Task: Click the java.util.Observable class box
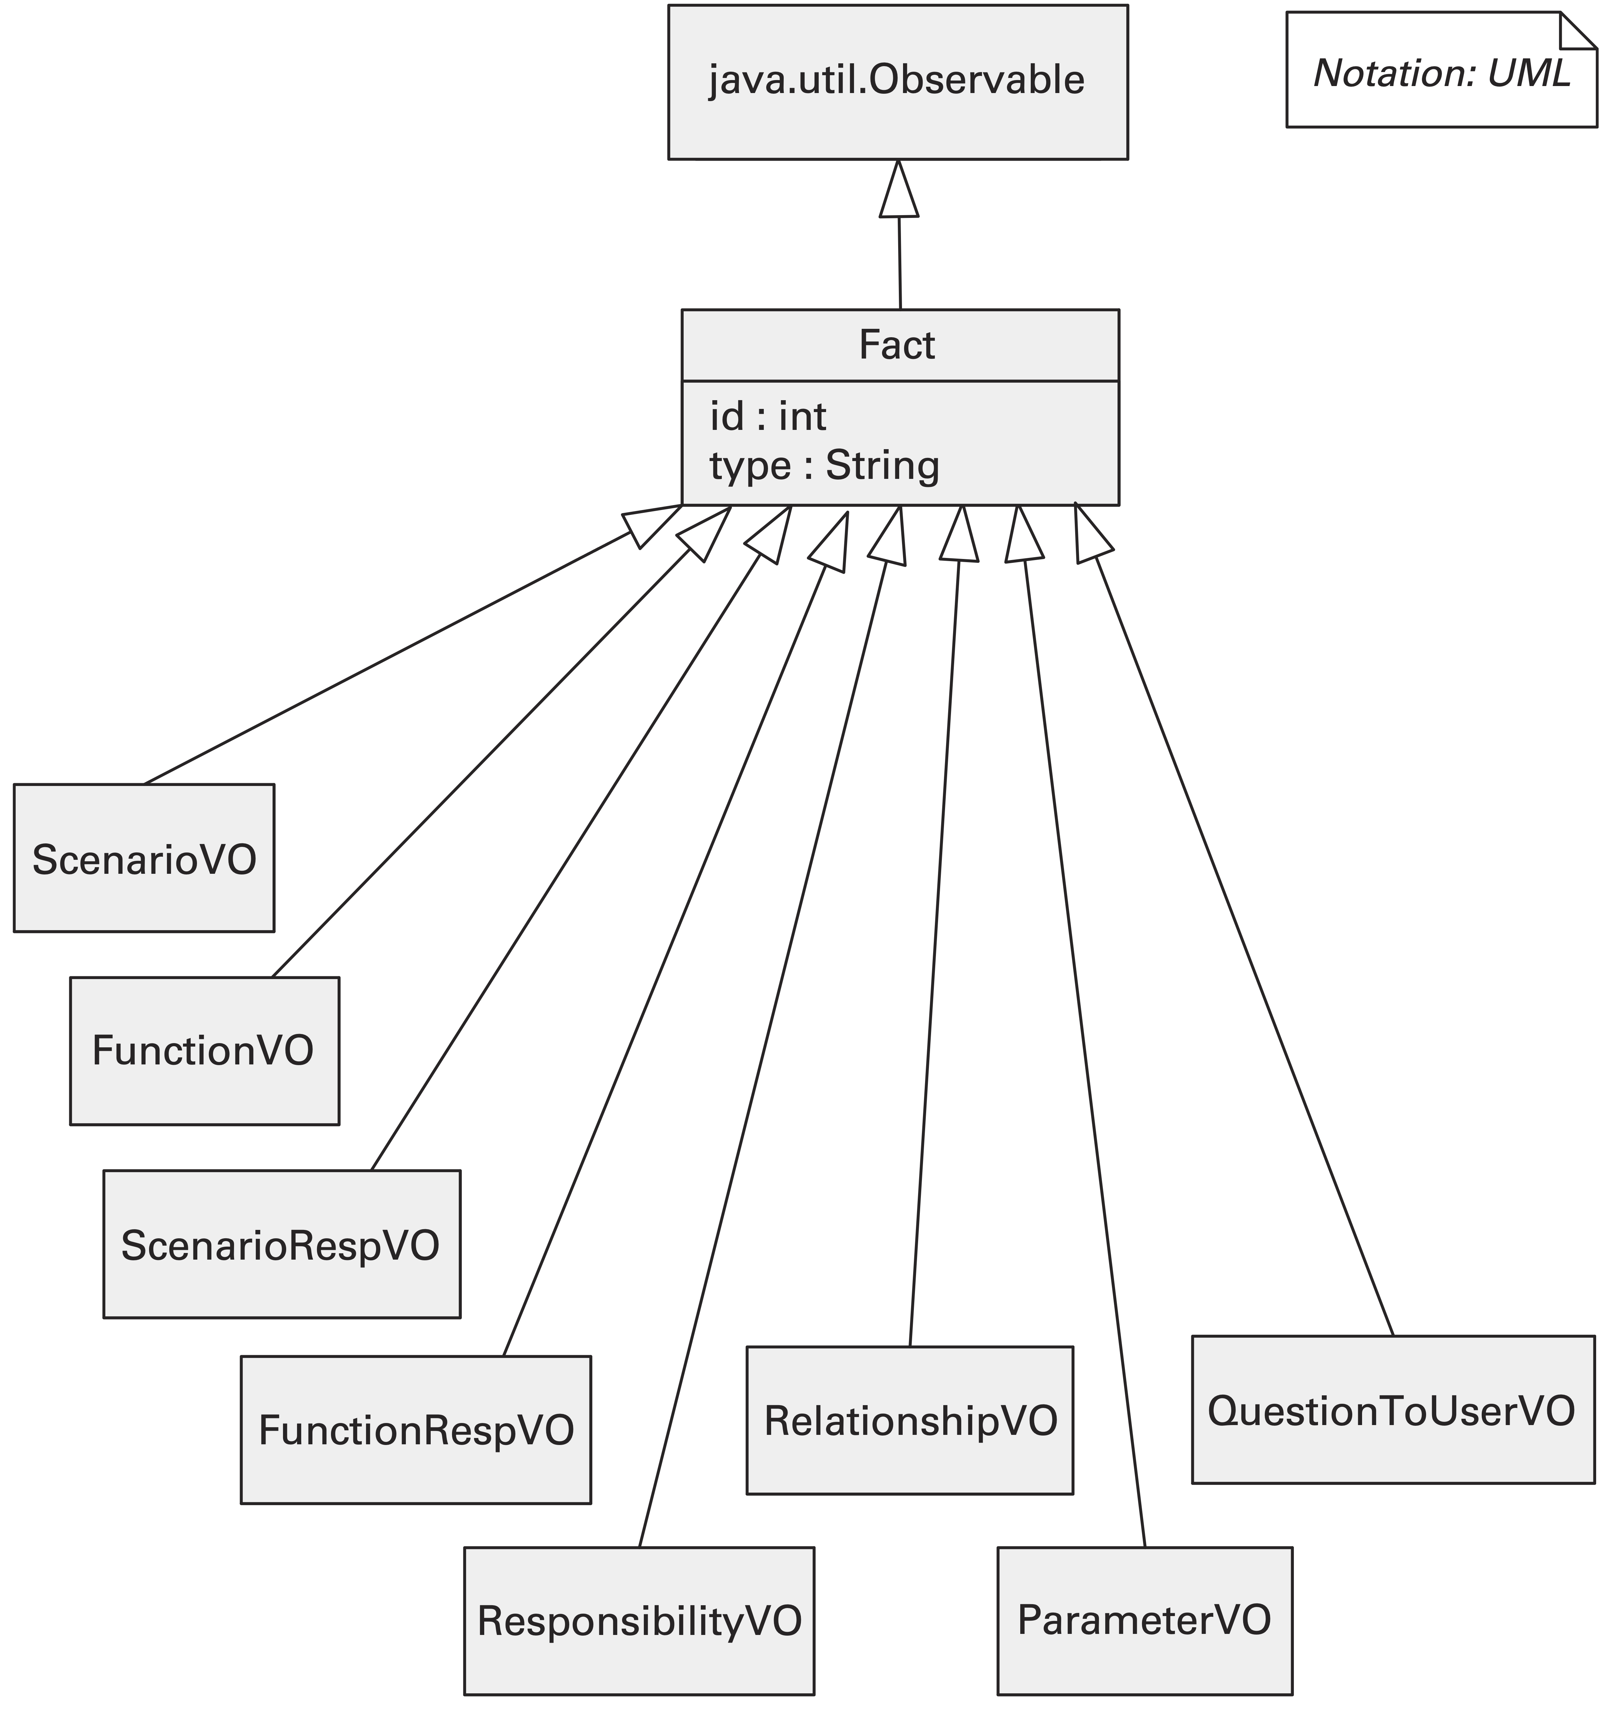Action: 897,82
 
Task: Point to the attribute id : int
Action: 768,417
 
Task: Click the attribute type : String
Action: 824,466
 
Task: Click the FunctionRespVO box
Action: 416,1430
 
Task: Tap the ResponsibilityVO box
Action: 638,1621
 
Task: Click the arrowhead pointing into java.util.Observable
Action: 899,194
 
